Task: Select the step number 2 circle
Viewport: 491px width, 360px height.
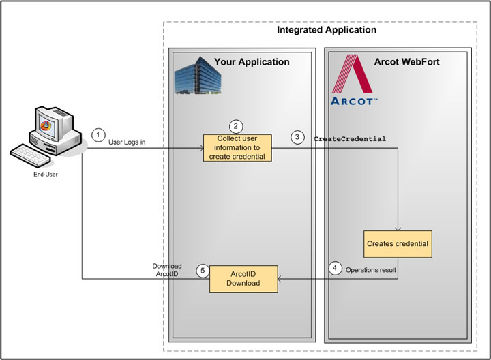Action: pos(236,126)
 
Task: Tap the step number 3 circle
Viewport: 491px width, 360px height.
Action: pos(297,137)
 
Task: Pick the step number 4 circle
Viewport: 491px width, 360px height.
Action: pos(334,269)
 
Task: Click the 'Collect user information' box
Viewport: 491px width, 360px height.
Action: pos(237,148)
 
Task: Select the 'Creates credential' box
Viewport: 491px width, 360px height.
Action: pos(399,243)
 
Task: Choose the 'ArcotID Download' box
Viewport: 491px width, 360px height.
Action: pos(243,278)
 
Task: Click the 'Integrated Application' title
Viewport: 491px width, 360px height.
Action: pos(326,30)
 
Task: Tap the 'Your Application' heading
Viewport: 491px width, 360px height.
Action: pos(252,62)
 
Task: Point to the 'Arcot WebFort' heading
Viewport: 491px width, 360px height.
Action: pos(407,62)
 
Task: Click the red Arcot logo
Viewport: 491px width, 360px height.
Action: pos(352,81)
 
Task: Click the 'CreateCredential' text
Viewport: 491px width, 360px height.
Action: pos(350,139)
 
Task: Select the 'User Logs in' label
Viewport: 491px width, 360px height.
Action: pos(127,142)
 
